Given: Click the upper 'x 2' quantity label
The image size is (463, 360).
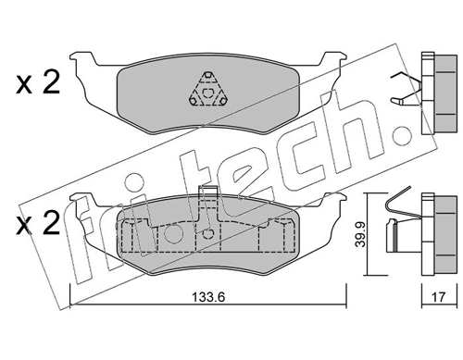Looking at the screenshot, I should pos(37,84).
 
